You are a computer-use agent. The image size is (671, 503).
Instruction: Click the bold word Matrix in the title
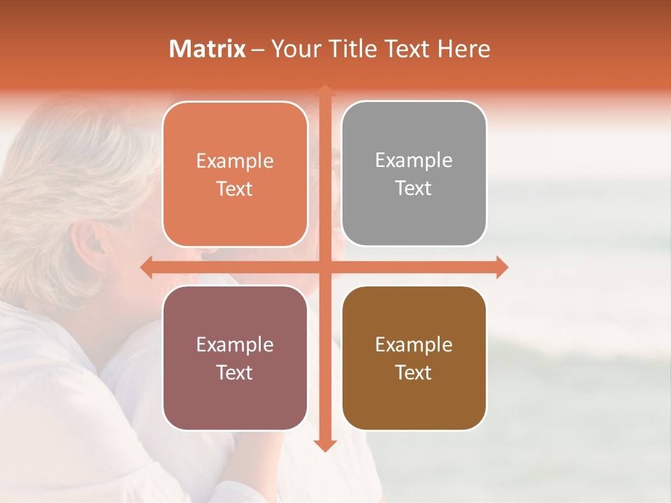point(208,49)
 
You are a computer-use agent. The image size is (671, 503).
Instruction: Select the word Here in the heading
point(464,49)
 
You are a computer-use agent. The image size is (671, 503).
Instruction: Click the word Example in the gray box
point(414,160)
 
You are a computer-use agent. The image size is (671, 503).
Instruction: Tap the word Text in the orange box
point(235,189)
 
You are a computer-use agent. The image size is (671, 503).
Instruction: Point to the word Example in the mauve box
point(235,344)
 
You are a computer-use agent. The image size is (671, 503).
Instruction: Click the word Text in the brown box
point(414,372)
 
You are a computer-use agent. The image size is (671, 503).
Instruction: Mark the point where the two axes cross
point(325,267)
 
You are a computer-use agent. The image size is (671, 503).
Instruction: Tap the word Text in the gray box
point(414,188)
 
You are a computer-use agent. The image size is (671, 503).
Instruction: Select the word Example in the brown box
point(414,344)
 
